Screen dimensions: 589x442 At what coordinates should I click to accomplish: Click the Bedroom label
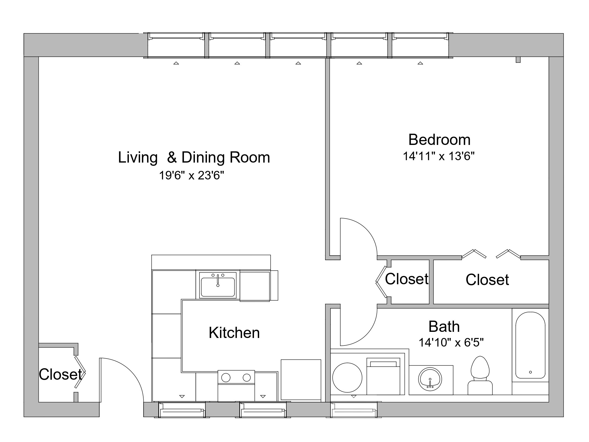click(439, 140)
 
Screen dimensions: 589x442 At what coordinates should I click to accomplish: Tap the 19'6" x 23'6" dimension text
click(191, 176)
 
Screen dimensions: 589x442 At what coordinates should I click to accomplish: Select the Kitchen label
click(234, 333)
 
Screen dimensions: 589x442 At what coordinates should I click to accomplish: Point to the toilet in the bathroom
click(480, 375)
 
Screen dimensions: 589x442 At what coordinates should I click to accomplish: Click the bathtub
click(530, 345)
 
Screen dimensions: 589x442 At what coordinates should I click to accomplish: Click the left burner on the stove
click(226, 378)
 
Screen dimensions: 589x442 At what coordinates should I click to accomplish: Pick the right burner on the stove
click(247, 378)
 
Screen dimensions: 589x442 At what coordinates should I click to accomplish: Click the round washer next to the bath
click(347, 378)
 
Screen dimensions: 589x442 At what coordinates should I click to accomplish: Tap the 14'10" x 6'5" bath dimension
click(451, 343)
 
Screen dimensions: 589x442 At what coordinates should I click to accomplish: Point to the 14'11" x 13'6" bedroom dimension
click(439, 156)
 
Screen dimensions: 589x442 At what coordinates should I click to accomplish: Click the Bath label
click(444, 326)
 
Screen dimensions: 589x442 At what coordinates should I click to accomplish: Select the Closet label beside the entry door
click(60, 374)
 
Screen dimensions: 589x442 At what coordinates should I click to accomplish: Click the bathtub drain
click(530, 372)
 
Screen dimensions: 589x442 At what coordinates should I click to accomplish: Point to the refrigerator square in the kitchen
click(301, 379)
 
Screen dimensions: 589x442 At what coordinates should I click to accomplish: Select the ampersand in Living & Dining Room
click(172, 157)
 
